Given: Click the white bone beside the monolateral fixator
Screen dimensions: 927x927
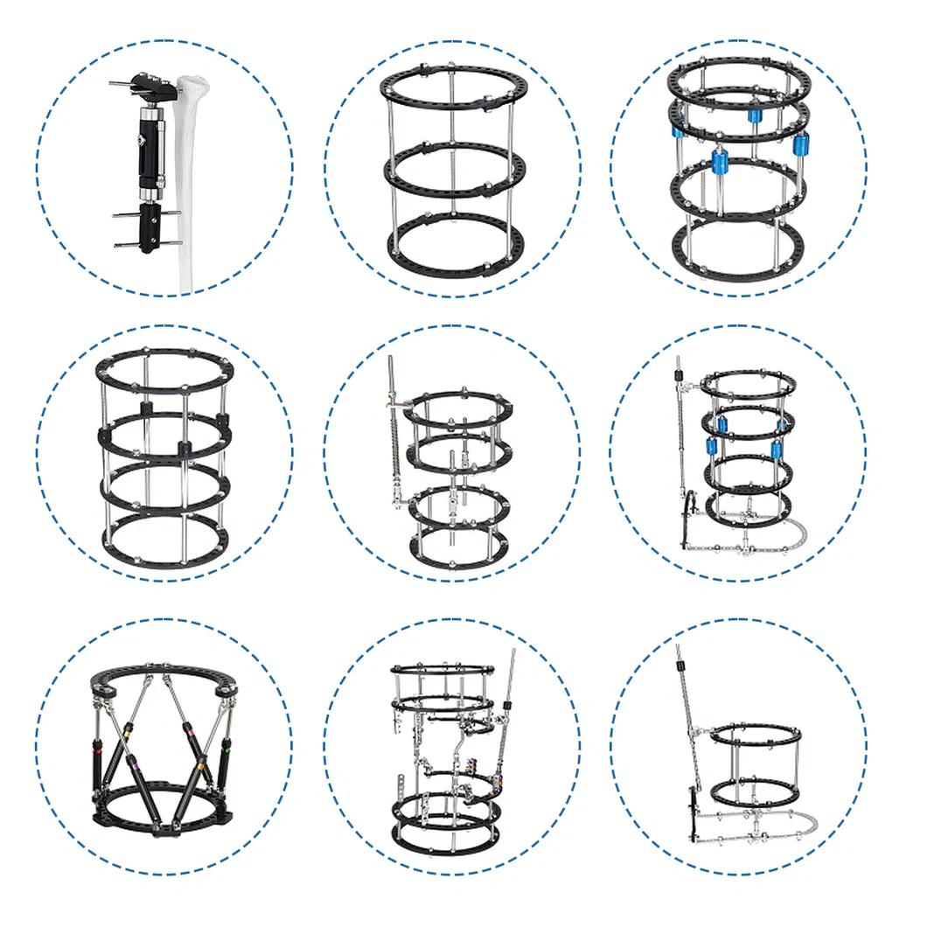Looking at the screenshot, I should click(192, 175).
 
